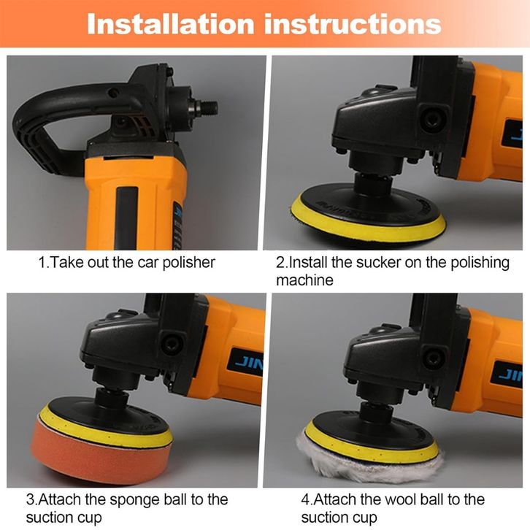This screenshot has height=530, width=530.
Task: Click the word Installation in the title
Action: click(170, 24)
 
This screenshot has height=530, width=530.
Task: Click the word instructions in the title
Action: click(353, 24)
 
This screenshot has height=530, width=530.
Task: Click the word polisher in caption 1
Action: click(188, 263)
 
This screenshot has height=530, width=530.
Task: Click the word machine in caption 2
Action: click(304, 280)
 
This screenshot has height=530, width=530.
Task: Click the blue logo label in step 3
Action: click(245, 363)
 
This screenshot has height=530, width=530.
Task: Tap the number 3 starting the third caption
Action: click(30, 499)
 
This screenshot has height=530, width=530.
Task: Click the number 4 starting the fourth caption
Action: click(305, 499)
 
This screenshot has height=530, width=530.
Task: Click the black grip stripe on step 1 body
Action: click(127, 218)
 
